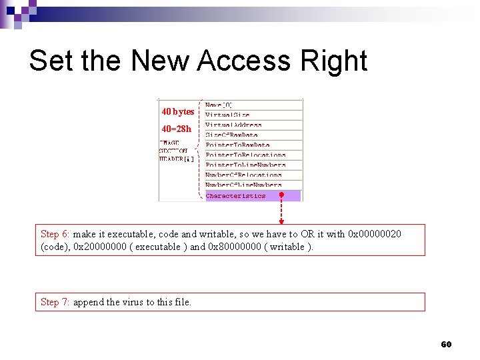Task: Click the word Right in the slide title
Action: tap(334, 61)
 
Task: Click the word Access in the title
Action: tap(243, 61)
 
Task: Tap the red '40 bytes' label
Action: tap(178, 111)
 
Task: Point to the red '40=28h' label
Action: tap(176, 128)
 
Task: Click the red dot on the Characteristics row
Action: tap(281, 195)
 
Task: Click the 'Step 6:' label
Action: tap(55, 234)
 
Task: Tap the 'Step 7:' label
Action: tap(55, 302)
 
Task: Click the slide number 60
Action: tap(446, 344)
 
